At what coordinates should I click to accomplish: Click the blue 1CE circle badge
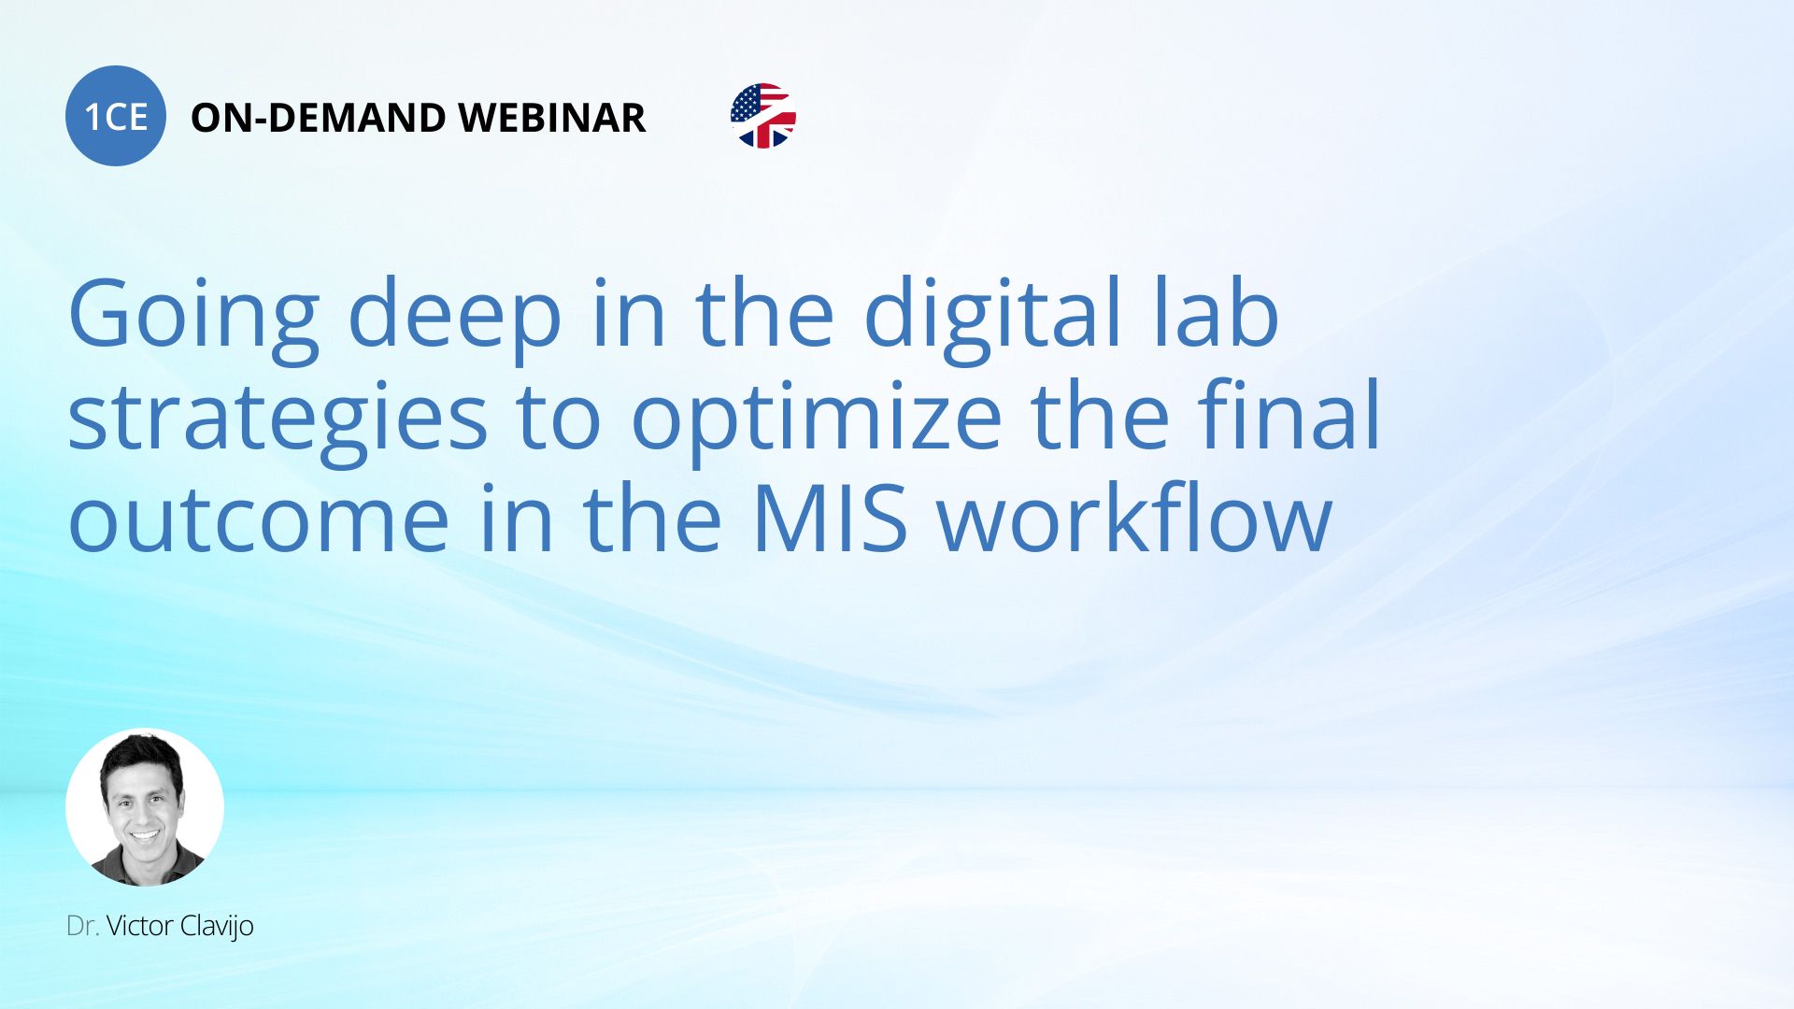click(x=116, y=116)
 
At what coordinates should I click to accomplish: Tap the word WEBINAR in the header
click(x=552, y=118)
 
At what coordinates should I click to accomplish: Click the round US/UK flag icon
click(x=763, y=116)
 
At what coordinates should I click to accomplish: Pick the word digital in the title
click(x=991, y=318)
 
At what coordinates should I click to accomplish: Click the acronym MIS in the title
click(x=829, y=518)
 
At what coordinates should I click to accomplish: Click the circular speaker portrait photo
click(x=145, y=807)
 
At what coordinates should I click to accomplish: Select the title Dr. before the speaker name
click(x=82, y=926)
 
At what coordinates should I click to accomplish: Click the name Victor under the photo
click(x=139, y=926)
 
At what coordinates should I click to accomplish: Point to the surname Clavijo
click(x=217, y=927)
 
